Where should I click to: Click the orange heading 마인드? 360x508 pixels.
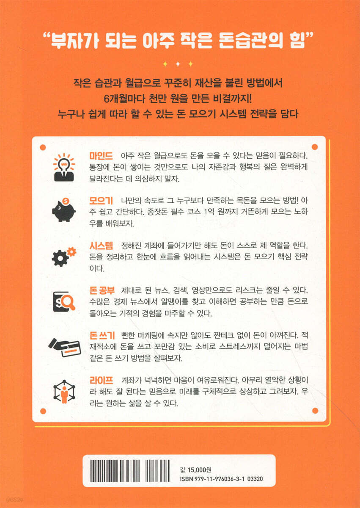tap(101, 156)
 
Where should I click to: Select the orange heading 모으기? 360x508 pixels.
tap(101, 201)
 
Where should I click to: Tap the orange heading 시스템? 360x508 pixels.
tap(101, 246)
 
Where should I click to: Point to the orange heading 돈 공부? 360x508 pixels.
tap(102, 290)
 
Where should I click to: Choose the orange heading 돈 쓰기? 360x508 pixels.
tap(102, 335)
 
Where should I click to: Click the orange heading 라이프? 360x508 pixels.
tap(101, 380)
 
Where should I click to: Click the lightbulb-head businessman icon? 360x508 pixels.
tap(64, 167)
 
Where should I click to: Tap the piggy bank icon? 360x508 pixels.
tap(64, 210)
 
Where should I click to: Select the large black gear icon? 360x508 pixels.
tap(60, 259)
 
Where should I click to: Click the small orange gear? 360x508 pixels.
tap(72, 252)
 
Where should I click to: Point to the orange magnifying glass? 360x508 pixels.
tap(69, 303)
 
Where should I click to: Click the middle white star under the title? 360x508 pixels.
tap(178, 64)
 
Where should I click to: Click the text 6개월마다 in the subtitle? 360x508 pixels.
tap(124, 99)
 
